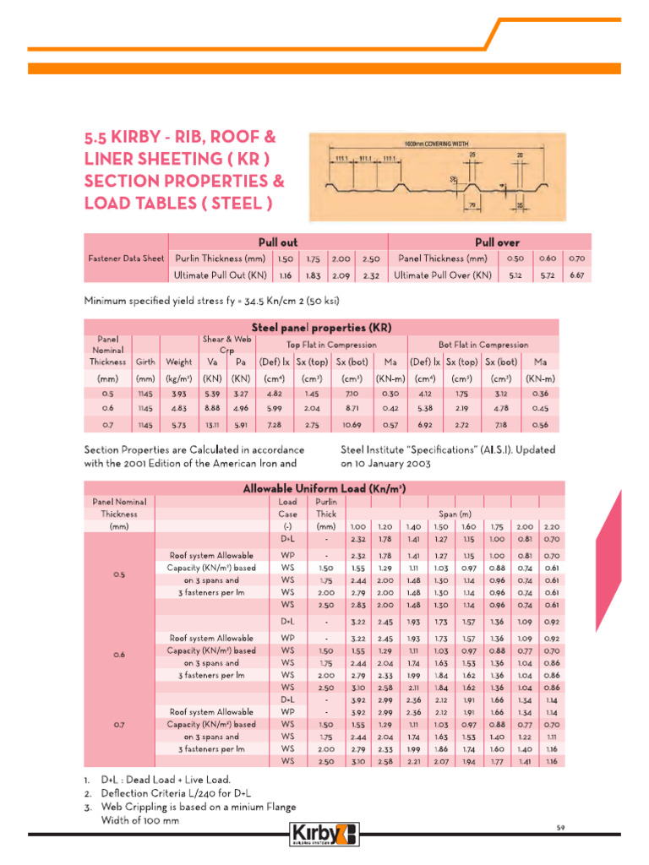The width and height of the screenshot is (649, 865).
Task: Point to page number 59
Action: point(559,827)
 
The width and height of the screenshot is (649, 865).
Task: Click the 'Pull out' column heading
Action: point(277,242)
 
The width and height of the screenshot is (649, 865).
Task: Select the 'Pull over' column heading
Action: point(498,242)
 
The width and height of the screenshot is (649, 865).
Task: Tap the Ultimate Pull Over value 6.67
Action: point(576,275)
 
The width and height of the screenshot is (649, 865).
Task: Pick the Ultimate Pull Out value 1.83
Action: point(314,275)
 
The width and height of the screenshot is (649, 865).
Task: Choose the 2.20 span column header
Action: point(575,525)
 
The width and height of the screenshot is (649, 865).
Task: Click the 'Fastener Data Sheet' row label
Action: point(126,258)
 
